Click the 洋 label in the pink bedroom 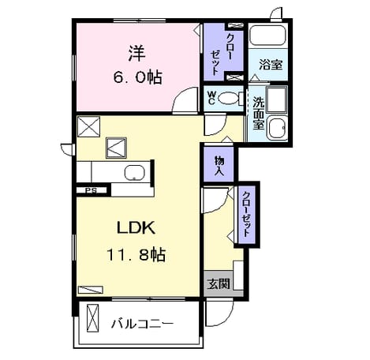(x=137, y=54)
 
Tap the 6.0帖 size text (x=137, y=77)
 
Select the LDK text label (x=136, y=228)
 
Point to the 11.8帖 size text (x=136, y=255)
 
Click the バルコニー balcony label (x=142, y=324)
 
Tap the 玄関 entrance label (x=218, y=284)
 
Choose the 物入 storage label (x=219, y=166)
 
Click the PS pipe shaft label (x=91, y=190)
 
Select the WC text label (x=211, y=98)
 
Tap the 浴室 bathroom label (x=271, y=65)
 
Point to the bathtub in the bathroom (x=267, y=36)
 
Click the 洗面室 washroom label (x=258, y=113)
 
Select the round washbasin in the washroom (x=278, y=128)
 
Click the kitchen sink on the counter (x=134, y=173)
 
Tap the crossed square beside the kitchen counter (x=116, y=148)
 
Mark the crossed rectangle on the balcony (x=93, y=318)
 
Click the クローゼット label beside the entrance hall (x=246, y=214)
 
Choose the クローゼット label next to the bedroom (x=222, y=54)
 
